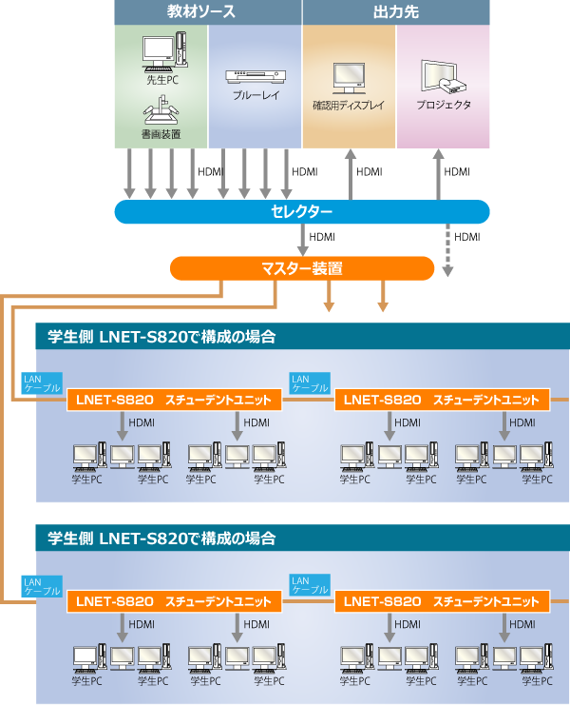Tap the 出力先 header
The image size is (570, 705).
(396, 12)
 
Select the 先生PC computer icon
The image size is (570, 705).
(164, 50)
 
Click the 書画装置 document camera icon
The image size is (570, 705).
(161, 109)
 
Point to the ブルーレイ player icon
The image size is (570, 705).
(256, 76)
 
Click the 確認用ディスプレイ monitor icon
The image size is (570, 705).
(350, 78)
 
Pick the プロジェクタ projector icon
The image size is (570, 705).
(443, 76)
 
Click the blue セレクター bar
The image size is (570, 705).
(301, 212)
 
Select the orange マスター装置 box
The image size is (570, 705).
(302, 268)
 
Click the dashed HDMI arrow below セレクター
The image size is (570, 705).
(447, 250)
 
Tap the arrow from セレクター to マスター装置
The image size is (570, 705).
(302, 240)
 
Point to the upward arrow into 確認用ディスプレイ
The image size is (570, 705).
(351, 174)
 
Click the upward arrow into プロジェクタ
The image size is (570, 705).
(439, 174)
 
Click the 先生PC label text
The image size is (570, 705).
(162, 80)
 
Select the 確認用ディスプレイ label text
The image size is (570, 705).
(349, 106)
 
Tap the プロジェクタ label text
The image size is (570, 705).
(444, 105)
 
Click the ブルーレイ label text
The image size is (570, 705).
(256, 95)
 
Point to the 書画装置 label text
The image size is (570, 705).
(161, 134)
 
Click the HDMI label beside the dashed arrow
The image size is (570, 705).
(467, 237)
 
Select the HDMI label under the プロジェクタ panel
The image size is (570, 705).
(457, 172)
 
